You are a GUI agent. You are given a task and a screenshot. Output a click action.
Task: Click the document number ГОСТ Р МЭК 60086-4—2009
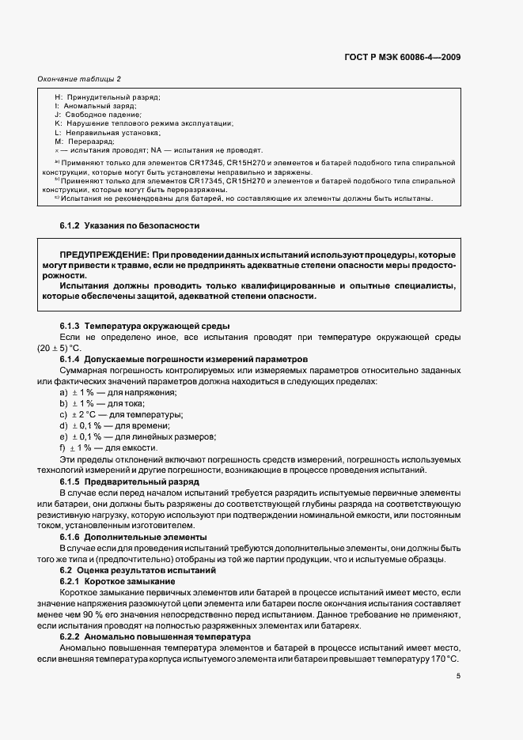tap(403, 57)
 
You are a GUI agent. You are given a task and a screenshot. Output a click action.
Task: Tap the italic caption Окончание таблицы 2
tap(79, 79)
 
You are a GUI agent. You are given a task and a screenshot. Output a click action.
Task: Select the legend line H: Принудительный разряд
tap(107, 97)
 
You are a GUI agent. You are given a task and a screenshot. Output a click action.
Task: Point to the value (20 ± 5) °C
tap(59, 349)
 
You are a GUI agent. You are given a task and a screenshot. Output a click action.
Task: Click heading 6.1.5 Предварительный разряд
tap(130, 481)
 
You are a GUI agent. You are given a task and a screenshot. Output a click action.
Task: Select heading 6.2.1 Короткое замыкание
tap(118, 581)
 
